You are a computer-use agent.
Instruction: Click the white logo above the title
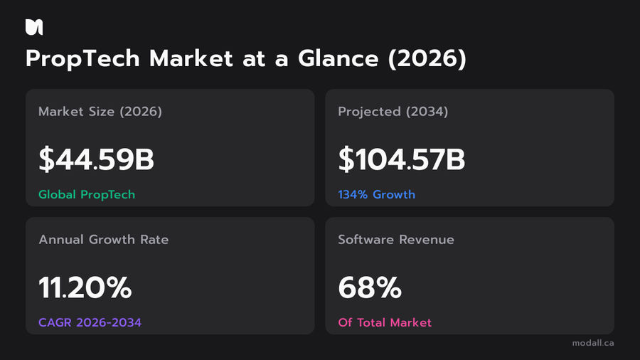[x=34, y=27]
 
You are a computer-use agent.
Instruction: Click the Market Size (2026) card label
[x=100, y=112]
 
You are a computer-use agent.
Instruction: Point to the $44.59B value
[x=96, y=159]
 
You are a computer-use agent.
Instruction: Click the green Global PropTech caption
[x=87, y=194]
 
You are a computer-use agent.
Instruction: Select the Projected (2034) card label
[x=393, y=112]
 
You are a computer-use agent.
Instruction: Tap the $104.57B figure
[x=402, y=159]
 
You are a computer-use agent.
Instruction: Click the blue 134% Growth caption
[x=376, y=194]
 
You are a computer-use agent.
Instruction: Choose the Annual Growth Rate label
[x=104, y=240]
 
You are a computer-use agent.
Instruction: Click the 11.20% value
[x=85, y=287]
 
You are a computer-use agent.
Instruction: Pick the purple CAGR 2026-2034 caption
[x=90, y=322]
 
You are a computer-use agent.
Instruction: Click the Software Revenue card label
[x=396, y=240]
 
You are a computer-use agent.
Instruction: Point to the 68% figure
[x=370, y=287]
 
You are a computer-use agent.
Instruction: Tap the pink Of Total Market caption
[x=385, y=322]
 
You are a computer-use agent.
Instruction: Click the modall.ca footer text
[x=593, y=343]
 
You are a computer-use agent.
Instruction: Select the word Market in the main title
[x=191, y=58]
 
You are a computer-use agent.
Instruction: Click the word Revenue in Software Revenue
[x=427, y=240]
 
